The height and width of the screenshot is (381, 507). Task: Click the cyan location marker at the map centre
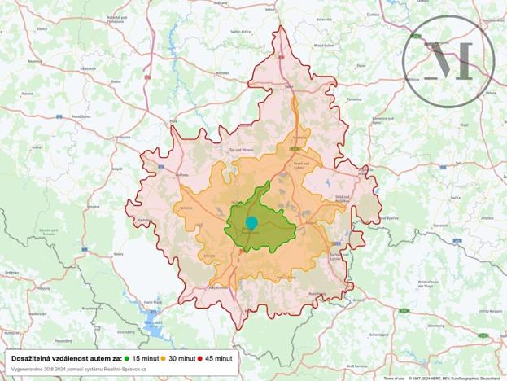point(251,222)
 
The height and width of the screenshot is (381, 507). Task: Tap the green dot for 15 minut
point(127,358)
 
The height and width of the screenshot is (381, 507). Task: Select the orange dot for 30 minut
point(164,358)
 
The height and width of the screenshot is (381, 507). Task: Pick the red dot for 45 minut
point(199,358)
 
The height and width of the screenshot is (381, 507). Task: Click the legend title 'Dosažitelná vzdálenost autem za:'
point(66,358)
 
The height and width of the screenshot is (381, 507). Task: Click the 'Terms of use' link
point(394,378)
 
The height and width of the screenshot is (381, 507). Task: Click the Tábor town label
point(288,83)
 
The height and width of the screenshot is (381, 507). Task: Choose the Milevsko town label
point(221,72)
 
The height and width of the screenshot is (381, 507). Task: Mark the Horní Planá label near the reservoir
point(153,302)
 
